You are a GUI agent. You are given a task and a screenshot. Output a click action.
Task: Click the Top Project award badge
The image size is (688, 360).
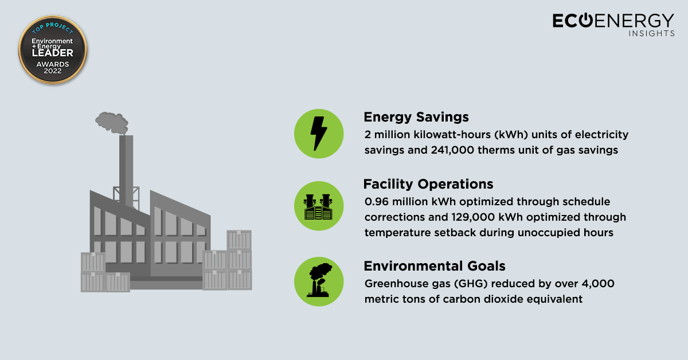click(53, 49)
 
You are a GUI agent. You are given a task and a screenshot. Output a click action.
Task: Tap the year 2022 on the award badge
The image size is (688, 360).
click(53, 71)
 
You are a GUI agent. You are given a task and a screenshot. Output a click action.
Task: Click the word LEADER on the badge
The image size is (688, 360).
click(53, 53)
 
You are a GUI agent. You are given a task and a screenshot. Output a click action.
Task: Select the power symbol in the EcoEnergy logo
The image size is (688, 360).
click(586, 20)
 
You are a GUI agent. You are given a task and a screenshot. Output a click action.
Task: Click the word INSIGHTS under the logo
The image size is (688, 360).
click(651, 33)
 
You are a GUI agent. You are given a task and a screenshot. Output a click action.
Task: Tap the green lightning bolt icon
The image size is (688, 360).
click(319, 134)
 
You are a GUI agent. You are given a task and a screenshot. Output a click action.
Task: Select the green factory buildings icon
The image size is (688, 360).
click(319, 206)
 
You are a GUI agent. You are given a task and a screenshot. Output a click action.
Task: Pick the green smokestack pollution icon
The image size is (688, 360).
click(319, 281)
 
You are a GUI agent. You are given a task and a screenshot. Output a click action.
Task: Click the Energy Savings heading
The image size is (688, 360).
click(416, 117)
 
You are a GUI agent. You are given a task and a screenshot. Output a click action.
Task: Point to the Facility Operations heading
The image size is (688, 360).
click(428, 184)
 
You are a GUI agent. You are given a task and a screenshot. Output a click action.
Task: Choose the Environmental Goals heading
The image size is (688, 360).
click(435, 266)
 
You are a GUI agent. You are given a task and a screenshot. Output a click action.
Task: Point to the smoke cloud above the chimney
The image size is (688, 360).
click(112, 123)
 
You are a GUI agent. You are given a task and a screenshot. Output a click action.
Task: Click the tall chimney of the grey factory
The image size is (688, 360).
click(126, 170)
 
